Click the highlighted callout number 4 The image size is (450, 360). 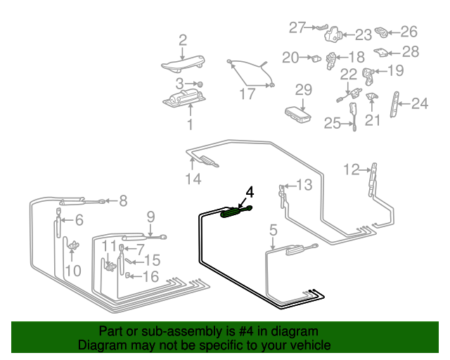tap(249, 191)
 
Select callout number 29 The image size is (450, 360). tap(302, 89)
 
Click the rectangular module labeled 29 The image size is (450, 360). tap(298, 112)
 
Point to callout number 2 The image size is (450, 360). tap(183, 40)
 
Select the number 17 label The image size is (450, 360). tap(247, 94)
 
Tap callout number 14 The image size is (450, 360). tap(193, 179)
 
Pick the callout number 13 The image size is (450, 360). tap(303, 185)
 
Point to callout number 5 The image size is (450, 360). tap(273, 229)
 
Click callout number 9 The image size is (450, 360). tap(150, 216)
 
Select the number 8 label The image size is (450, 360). tap(123, 201)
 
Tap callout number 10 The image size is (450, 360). tap(72, 270)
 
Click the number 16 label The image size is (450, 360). tap(151, 276)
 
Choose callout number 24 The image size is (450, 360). tap(419, 104)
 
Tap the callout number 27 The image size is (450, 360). tap(297, 27)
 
